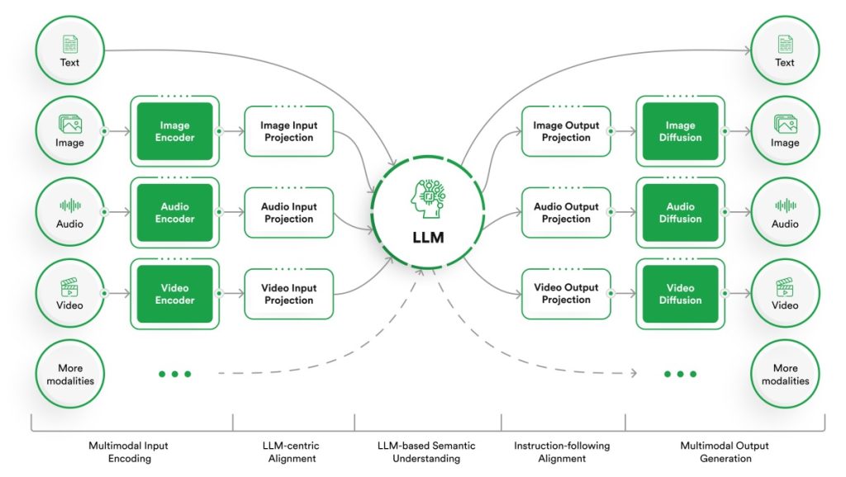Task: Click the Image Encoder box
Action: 174,131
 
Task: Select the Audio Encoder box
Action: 174,213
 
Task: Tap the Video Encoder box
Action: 174,294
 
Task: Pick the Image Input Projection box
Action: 288,131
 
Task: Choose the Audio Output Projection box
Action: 566,213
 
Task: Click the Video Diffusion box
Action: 680,294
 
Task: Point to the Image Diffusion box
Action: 680,131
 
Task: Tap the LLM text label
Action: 428,238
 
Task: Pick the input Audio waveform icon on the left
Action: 70,205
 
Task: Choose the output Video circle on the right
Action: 784,295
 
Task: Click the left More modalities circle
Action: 70,375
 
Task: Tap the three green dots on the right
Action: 680,374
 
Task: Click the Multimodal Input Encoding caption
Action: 129,451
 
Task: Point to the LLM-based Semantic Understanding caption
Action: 428,451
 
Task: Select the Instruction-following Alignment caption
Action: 562,451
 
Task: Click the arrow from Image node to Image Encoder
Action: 117,131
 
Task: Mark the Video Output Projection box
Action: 566,294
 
